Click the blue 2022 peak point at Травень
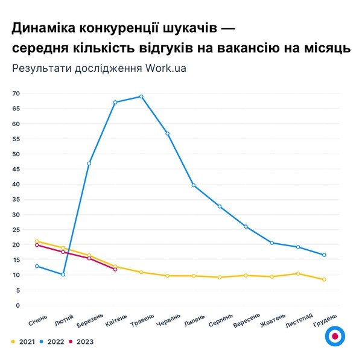(x=141, y=97)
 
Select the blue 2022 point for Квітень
(x=115, y=103)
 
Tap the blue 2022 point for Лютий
(x=63, y=275)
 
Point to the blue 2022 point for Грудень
(x=324, y=255)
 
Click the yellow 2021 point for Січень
(x=37, y=241)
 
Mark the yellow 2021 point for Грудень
(x=324, y=279)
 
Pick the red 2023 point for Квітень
(x=115, y=269)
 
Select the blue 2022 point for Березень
(x=89, y=164)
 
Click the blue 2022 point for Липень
(x=194, y=185)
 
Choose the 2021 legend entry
(x=23, y=341)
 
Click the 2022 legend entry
(x=53, y=341)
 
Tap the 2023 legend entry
(x=83, y=341)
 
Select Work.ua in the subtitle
(x=165, y=68)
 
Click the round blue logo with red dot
(x=334, y=337)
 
